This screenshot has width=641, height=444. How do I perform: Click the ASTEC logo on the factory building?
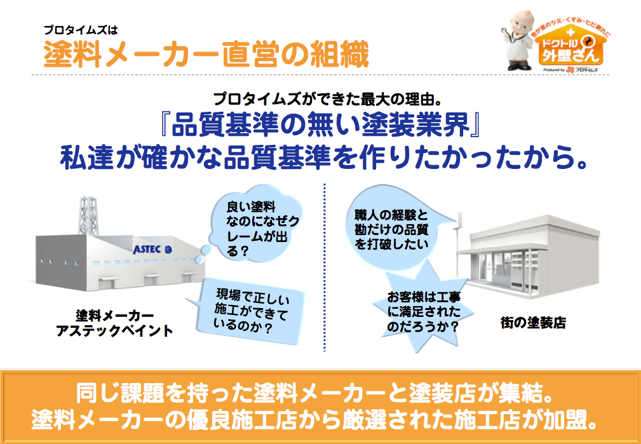click(x=152, y=249)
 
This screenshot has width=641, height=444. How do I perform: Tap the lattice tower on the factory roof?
click(x=89, y=216)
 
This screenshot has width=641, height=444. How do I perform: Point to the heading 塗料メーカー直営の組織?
click(x=206, y=54)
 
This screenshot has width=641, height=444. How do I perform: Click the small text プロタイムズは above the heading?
click(x=81, y=30)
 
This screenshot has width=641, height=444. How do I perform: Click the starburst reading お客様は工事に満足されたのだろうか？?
click(x=424, y=313)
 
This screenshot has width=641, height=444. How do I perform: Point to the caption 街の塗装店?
click(x=533, y=322)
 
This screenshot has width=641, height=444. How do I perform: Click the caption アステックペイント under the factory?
click(x=114, y=330)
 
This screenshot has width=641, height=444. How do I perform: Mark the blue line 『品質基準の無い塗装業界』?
click(x=320, y=124)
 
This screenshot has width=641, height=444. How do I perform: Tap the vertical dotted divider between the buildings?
click(x=325, y=268)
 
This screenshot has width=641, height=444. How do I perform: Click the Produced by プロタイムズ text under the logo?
click(x=570, y=71)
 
